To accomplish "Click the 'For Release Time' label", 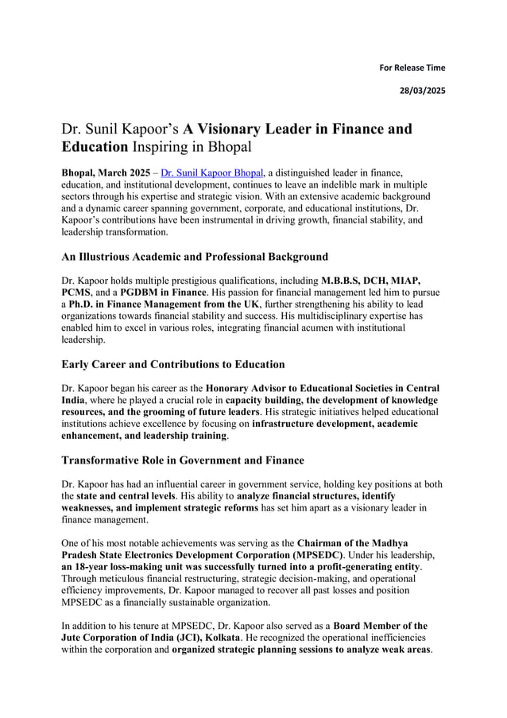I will pos(412,68).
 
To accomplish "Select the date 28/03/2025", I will pos(422,91).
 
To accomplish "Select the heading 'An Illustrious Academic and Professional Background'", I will pos(195,257).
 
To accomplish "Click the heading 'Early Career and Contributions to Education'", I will pos(172,364).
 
